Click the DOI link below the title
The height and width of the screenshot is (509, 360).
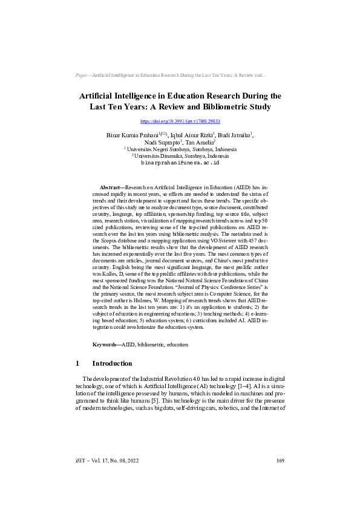point(180,122)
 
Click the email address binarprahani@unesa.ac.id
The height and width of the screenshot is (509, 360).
point(180,163)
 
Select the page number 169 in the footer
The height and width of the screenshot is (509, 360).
point(280,461)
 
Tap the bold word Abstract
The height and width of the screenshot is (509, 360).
point(111,189)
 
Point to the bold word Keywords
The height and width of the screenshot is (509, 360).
point(106,344)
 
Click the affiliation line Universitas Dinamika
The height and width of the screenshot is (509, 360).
point(181,155)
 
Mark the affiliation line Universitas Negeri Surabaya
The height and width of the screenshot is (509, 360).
point(181,149)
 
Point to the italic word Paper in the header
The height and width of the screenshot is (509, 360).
point(82,75)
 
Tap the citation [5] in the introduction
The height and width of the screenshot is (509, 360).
point(189,400)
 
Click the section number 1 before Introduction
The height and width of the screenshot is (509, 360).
point(77,364)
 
